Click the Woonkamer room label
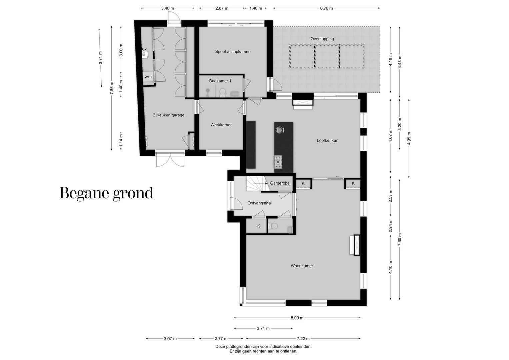click(x=302, y=266)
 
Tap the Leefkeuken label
click(x=327, y=140)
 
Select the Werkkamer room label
click(x=221, y=125)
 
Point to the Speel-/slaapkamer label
click(x=232, y=52)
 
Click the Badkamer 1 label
click(x=220, y=81)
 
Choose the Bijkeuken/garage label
click(x=168, y=115)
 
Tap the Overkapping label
click(x=322, y=39)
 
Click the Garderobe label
click(x=280, y=183)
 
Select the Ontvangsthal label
click(x=259, y=203)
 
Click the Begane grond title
click(x=106, y=193)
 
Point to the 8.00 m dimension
click(x=297, y=318)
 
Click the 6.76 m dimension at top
click(x=326, y=8)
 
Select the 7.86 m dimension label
click(x=112, y=88)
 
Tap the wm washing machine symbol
click(x=148, y=77)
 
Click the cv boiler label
click(x=144, y=49)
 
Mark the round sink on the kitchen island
click(x=279, y=130)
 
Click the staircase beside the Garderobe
click(x=256, y=184)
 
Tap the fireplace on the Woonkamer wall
click(x=356, y=245)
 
